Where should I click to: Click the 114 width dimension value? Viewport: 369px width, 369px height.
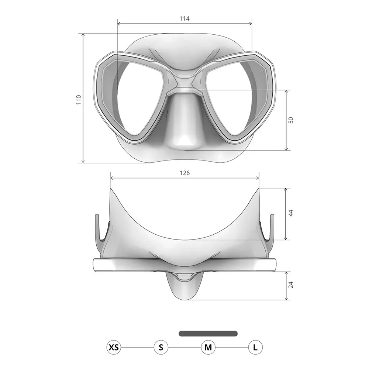pyautogui.click(x=184, y=18)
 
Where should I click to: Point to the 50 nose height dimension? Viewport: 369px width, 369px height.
pyautogui.click(x=291, y=120)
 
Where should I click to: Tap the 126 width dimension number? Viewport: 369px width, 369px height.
pyautogui.click(x=184, y=173)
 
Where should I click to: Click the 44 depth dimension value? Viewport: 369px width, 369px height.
pyautogui.click(x=291, y=213)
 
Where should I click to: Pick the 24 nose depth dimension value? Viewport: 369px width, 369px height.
pyautogui.click(x=291, y=284)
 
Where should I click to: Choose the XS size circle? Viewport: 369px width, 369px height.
pyautogui.click(x=114, y=347)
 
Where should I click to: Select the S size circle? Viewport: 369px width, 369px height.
pyautogui.click(x=161, y=347)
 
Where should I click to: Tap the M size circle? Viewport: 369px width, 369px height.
pyautogui.click(x=208, y=347)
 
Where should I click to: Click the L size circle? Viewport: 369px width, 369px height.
pyautogui.click(x=255, y=347)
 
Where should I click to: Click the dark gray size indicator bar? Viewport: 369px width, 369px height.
pyautogui.click(x=208, y=334)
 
